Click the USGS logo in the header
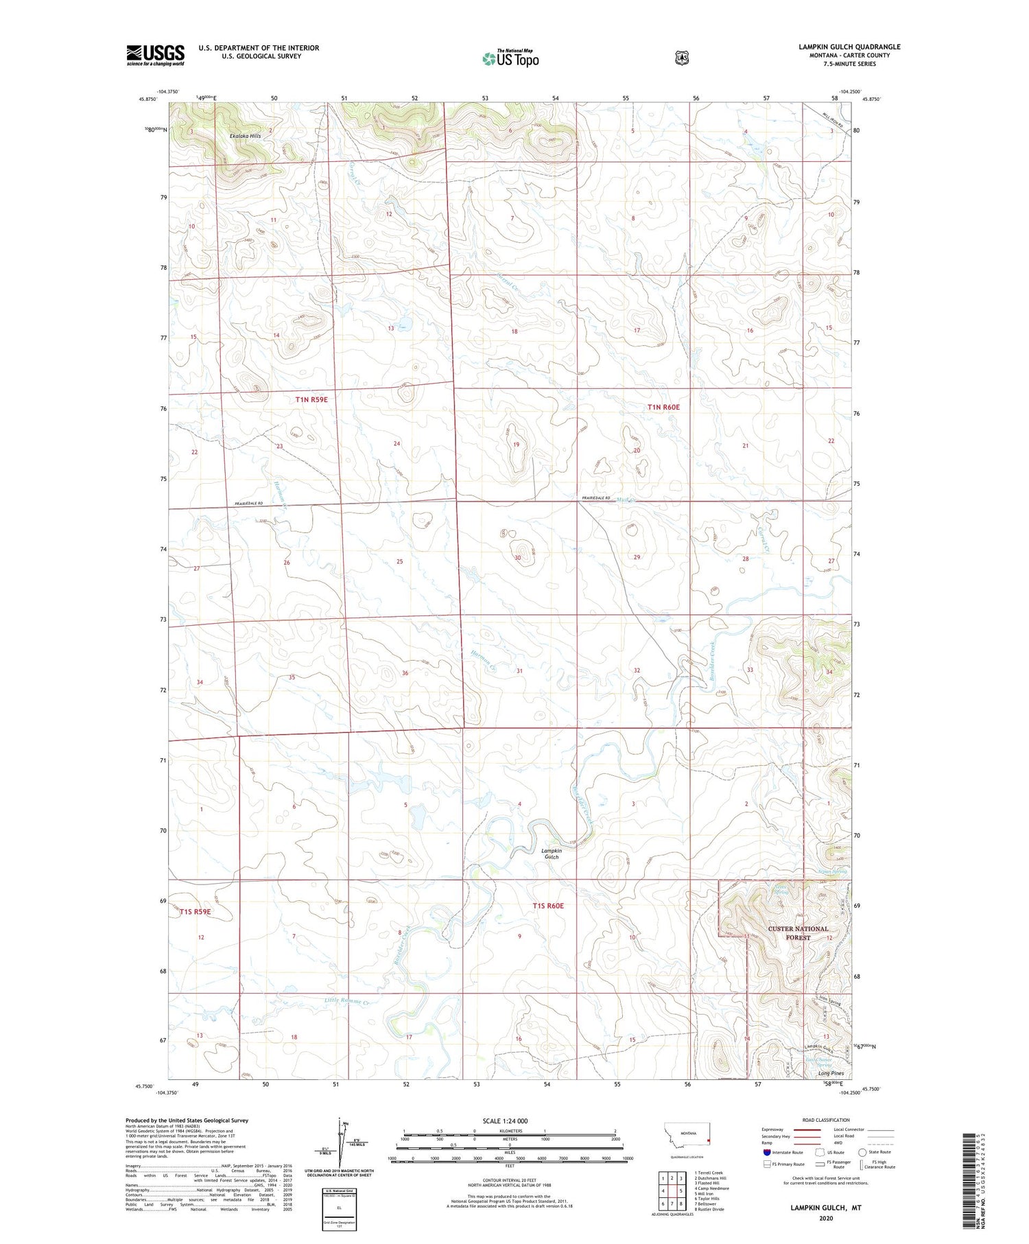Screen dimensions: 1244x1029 click(155, 55)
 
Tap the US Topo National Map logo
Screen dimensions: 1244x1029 click(511, 58)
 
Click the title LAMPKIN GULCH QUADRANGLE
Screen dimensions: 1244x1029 click(849, 47)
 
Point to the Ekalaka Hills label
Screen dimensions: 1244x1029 click(245, 136)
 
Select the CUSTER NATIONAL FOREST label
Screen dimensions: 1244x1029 click(798, 932)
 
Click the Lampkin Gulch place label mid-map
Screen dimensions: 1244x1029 click(552, 854)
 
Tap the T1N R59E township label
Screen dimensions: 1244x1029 click(311, 399)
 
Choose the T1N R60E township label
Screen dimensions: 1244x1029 click(663, 407)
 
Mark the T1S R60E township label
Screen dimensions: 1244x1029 click(548, 906)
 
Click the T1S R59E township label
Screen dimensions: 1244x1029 click(196, 912)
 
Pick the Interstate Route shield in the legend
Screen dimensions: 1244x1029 click(768, 1153)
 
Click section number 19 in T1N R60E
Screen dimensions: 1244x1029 click(516, 445)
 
